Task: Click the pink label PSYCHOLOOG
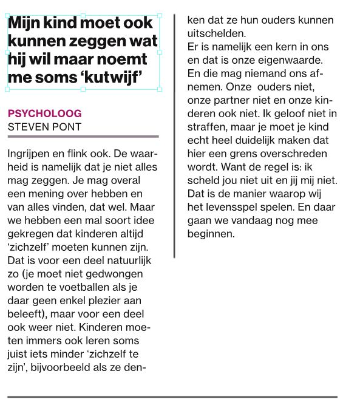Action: tap(44, 114)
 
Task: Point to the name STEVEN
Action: tap(26, 127)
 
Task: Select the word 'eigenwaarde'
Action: tap(293, 60)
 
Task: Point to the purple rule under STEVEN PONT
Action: tap(83, 137)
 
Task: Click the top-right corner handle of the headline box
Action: tap(160, 15)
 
